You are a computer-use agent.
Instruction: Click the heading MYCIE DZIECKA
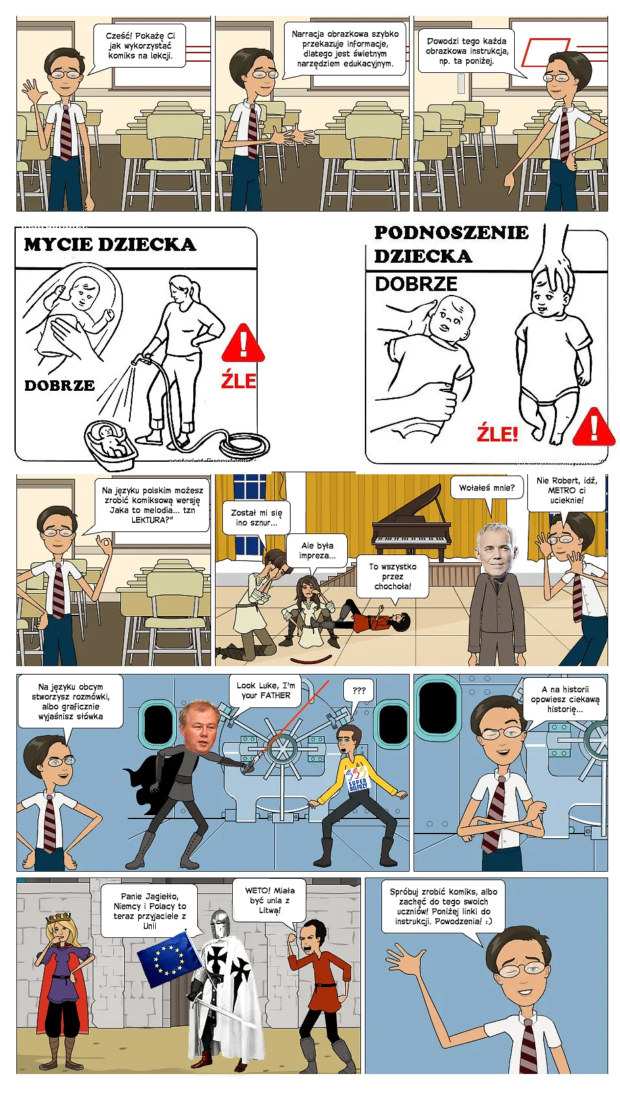point(110,245)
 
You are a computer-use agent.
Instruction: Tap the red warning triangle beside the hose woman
point(243,344)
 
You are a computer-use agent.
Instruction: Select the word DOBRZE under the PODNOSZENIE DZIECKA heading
point(416,284)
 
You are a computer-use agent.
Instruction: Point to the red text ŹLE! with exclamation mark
point(497,434)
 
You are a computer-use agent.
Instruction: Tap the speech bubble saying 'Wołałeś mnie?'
point(487,488)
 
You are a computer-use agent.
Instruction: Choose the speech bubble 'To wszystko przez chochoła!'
point(393,576)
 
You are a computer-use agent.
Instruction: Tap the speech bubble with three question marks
point(358,690)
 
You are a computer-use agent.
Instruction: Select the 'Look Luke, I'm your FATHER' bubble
point(266,690)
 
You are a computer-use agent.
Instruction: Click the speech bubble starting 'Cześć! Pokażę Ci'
point(140,46)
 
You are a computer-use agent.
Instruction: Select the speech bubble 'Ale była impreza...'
point(317,550)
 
